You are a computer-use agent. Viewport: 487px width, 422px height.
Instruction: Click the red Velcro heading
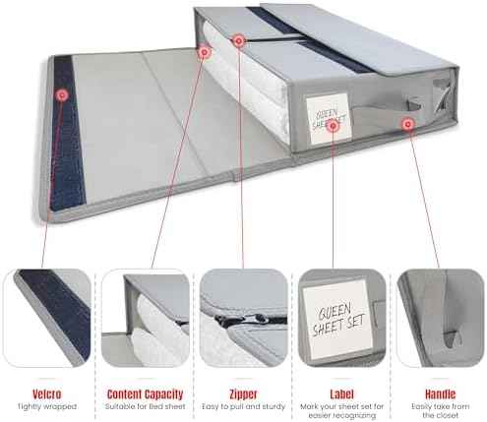pos(46,393)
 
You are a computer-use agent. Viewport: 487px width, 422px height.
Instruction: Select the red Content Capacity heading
pos(145,393)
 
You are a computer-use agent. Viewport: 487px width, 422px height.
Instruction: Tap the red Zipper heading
pos(243,393)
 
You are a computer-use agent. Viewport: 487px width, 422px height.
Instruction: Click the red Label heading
pos(341,393)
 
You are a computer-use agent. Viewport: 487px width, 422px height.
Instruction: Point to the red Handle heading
pos(440,393)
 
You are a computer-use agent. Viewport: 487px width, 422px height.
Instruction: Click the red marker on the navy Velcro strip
pos(62,95)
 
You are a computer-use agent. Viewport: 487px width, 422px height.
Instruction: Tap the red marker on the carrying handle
pos(407,124)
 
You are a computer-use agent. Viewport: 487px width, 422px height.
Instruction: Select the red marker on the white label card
pos(333,125)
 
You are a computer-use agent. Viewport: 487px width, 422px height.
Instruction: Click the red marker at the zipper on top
pos(239,41)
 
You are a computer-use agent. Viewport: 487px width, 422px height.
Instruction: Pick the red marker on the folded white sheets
pos(204,52)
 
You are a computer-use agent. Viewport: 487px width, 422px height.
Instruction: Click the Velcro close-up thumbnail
pos(47,318)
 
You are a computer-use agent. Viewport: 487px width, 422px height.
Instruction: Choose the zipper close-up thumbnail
pos(244,318)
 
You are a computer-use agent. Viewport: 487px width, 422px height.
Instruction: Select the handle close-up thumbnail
pos(441,318)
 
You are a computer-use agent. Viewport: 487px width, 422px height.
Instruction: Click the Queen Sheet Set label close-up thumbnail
pos(342,318)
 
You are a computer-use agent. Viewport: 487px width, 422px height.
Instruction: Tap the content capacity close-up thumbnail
pos(146,318)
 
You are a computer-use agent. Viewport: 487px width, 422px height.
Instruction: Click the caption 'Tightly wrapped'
pos(46,406)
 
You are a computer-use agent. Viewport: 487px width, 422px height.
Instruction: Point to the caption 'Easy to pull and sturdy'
pos(243,406)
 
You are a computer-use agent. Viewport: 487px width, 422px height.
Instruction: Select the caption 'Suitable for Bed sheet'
pos(145,406)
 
